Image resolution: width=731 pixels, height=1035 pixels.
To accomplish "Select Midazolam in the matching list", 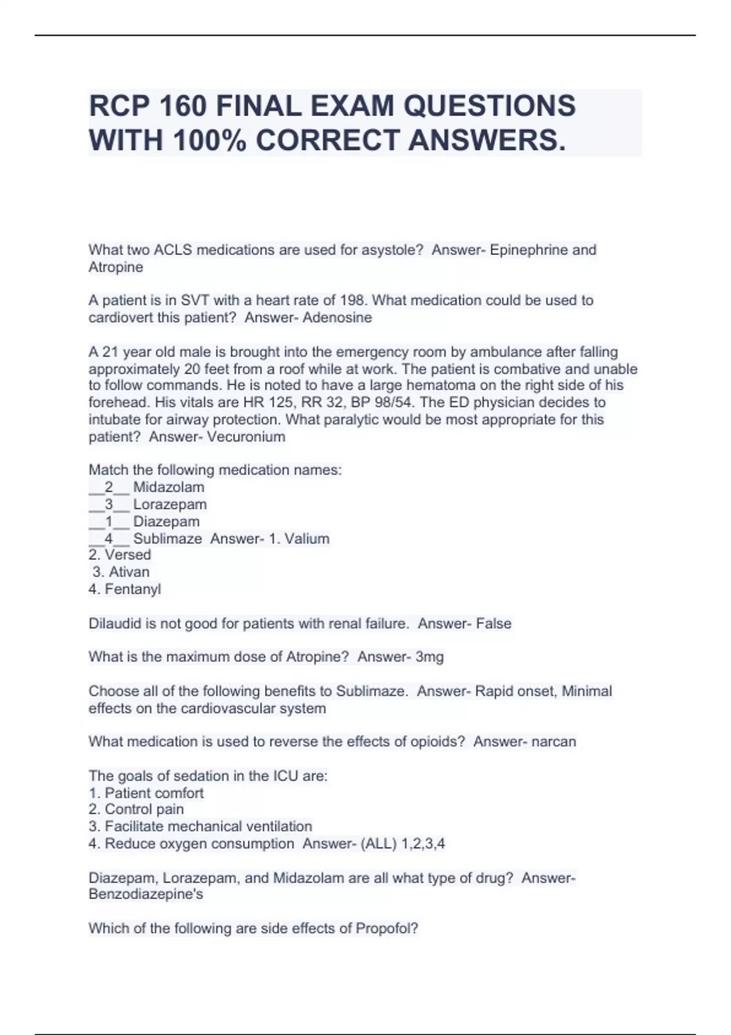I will click(169, 487).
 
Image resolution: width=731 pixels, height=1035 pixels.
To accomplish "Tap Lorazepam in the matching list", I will click(170, 504).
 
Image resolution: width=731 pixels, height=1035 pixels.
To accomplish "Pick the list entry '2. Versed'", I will click(119, 555).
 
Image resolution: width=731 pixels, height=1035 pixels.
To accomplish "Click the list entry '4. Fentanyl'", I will click(125, 589).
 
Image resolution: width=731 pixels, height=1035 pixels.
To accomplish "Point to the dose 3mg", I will click(429, 657).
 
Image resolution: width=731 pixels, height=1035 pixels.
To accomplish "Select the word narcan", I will click(554, 742).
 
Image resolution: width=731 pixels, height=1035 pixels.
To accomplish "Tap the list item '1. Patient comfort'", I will click(146, 793).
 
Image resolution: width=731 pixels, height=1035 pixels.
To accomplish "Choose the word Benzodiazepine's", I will click(146, 894).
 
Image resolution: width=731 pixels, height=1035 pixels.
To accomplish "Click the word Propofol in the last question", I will click(387, 928).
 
